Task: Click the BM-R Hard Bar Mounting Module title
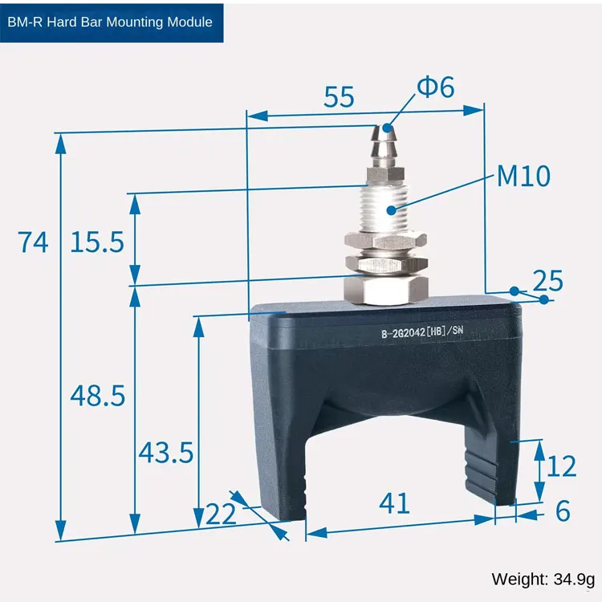point(110,22)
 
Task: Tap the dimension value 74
point(33,242)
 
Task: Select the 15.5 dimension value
point(97,242)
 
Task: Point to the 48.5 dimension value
point(97,396)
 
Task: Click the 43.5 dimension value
point(166,453)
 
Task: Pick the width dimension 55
point(339,97)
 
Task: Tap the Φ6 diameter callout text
point(435,87)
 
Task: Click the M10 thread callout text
point(523,177)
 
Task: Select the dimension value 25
point(547,281)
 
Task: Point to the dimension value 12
point(561,466)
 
